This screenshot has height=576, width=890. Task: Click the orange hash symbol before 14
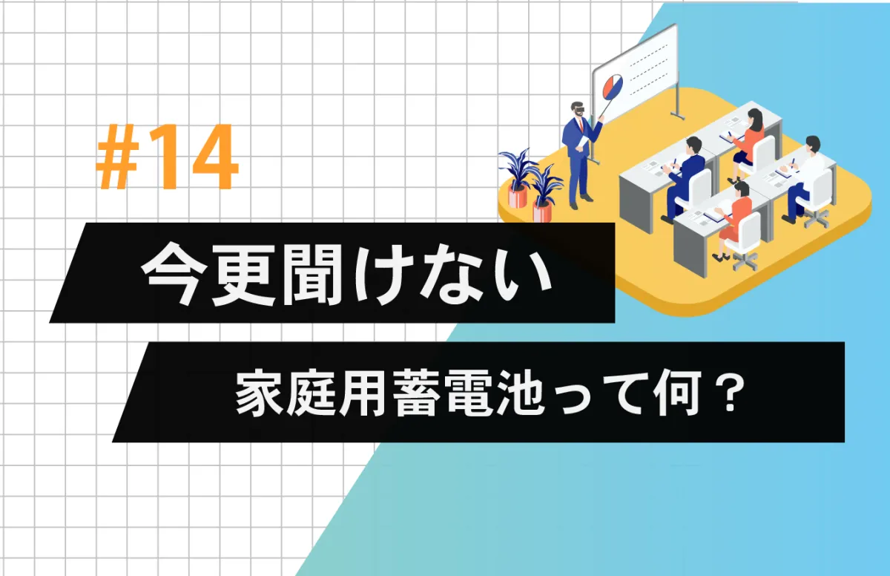coord(119,157)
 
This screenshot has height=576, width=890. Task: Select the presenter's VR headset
coord(579,108)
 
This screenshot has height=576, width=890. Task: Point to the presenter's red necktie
coord(581,125)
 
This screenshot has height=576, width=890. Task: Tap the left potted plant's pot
coord(518,197)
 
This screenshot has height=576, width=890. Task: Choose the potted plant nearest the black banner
coord(545,192)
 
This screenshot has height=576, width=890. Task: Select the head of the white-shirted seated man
coord(812,144)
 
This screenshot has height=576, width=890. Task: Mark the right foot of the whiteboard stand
coord(677,116)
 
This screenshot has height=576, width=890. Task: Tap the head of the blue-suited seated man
coord(693,146)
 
